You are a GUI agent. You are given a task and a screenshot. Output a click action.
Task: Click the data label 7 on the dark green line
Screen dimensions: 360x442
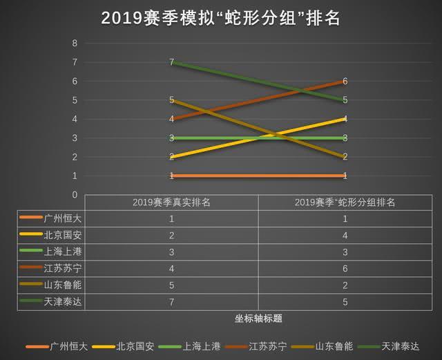coord(171,62)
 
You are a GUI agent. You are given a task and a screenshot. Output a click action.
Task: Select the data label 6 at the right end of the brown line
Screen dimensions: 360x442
coord(345,82)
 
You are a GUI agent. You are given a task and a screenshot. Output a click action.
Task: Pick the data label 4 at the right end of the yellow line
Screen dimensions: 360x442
coord(345,119)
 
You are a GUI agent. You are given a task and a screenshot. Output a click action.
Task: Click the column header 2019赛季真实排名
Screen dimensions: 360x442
coord(171,202)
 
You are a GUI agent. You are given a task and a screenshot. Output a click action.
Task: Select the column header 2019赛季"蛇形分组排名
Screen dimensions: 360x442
coord(345,202)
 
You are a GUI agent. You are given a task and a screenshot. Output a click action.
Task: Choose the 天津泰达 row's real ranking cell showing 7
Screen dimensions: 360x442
coord(171,301)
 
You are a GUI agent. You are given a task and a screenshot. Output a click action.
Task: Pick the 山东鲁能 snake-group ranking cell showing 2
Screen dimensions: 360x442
coord(345,285)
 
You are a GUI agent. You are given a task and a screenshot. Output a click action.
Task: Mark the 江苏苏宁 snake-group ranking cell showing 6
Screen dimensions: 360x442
coord(345,268)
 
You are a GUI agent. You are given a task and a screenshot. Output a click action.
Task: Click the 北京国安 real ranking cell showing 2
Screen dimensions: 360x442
coord(171,235)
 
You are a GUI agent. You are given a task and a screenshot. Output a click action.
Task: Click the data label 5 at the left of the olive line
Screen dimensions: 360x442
coord(171,100)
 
